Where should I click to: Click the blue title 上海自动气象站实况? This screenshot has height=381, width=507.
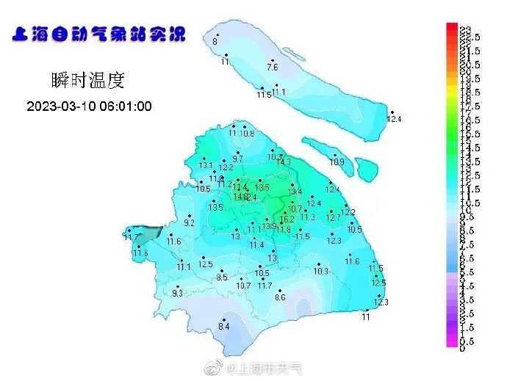97,35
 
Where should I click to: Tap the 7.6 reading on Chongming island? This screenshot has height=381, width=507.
272,68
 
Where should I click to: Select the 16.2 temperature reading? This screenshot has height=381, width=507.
287,219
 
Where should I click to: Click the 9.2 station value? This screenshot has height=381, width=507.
189,222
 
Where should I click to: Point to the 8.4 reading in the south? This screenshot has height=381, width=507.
224,327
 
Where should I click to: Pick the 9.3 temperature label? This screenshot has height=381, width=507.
177,294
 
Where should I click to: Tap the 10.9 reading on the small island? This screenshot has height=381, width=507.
337,162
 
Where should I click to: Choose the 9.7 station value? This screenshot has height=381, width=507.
237,159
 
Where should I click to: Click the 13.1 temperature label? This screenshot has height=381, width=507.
206,166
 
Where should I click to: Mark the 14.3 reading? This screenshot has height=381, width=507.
284,162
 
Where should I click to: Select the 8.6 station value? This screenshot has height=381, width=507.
280,297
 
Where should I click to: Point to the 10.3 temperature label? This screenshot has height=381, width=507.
320,272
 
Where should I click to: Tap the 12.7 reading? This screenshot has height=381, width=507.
333,218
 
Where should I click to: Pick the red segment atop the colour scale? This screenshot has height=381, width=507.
453,27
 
